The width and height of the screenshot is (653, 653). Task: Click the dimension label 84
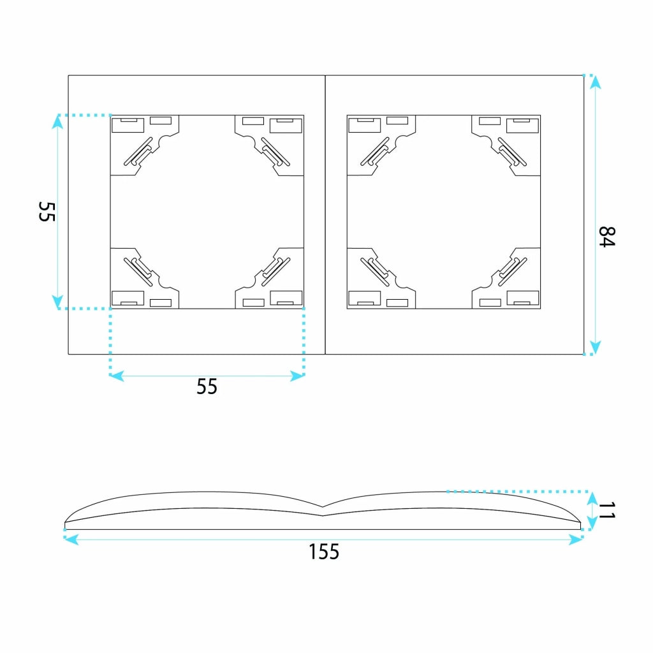607,237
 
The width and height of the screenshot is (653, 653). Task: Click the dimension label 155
324,552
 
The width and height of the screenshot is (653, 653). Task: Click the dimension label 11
607,511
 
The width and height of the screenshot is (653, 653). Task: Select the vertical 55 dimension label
47,212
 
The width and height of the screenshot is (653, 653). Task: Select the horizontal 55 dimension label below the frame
207,386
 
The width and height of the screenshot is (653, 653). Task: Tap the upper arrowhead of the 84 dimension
596,82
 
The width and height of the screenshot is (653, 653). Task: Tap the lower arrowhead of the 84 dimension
596,348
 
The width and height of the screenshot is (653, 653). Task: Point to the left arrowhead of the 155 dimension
71,539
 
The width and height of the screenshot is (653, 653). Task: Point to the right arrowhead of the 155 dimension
576,539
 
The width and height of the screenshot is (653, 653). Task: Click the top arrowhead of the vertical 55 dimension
57,122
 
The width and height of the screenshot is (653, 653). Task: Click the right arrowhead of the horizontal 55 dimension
297,376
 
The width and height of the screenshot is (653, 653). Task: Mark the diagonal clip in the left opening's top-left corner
138,152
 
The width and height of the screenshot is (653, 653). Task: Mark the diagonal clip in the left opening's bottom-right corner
275,272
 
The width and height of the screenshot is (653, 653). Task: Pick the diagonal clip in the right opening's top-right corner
512,152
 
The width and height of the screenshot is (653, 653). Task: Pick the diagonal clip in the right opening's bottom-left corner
375,272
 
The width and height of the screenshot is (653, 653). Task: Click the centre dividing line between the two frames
325,215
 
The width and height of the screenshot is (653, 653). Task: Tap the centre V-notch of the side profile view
323,507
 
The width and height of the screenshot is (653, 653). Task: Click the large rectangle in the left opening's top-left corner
128,126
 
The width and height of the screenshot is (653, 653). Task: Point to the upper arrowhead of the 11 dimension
592,498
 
